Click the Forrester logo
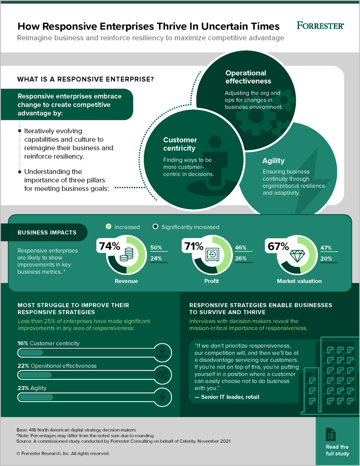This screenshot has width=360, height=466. click(x=320, y=26)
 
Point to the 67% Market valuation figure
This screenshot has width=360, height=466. click(x=278, y=246)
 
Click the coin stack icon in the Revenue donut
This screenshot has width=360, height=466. click(x=126, y=254)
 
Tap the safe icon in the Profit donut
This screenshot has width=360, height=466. click(x=212, y=255)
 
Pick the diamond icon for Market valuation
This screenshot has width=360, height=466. click(x=297, y=256)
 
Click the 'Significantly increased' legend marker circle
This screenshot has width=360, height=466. click(x=155, y=227)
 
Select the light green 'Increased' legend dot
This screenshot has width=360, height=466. click(x=108, y=227)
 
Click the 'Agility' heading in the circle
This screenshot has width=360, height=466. click(x=273, y=161)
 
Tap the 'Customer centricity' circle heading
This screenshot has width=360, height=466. click(x=180, y=144)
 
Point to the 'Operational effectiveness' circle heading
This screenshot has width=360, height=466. click(x=248, y=77)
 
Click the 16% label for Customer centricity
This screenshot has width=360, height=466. click(x=23, y=343)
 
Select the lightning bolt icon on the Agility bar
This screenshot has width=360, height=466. click(x=162, y=397)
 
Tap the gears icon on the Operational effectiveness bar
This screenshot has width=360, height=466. click(x=162, y=375)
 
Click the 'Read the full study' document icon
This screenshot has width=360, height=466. click(x=330, y=435)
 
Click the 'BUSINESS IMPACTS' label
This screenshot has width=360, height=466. click(x=47, y=232)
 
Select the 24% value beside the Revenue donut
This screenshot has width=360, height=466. click(x=156, y=258)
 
